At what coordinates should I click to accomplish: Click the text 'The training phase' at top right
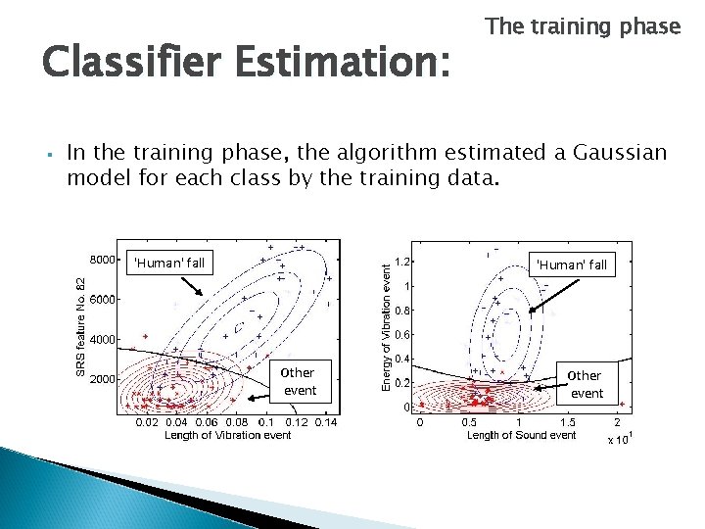tap(583, 26)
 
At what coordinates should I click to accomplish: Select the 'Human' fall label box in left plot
tap(169, 263)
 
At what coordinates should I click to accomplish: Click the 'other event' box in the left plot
tap(299, 381)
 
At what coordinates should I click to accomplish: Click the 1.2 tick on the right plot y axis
tap(401, 263)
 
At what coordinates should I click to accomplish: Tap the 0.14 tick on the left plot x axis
tap(325, 422)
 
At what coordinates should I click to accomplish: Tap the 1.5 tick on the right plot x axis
tap(567, 422)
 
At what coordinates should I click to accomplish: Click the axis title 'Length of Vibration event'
tap(228, 435)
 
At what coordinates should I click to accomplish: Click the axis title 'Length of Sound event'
tap(521, 435)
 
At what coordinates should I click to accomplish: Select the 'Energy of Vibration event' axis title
tap(387, 321)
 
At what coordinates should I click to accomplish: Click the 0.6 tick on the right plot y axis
tap(401, 335)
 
